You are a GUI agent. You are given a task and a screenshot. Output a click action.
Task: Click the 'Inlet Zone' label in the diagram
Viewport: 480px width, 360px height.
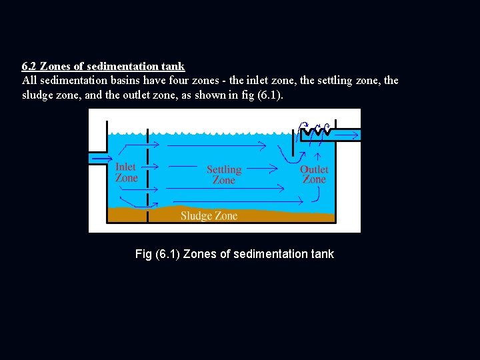tap(126, 173)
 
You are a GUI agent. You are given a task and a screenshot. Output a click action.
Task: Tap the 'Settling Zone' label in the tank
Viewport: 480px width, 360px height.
tap(223, 175)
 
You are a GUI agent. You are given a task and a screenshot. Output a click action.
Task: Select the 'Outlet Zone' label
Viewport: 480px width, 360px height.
tap(314, 174)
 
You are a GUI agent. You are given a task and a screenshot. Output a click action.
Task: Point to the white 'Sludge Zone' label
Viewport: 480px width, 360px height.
tap(209, 215)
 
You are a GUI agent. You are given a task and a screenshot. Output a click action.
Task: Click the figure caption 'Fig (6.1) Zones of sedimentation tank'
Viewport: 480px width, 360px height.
tap(234, 254)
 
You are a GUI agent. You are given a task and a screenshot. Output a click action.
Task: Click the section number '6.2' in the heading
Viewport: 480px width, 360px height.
tap(29, 67)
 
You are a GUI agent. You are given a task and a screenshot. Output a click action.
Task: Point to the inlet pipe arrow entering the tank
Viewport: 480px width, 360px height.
tap(101, 158)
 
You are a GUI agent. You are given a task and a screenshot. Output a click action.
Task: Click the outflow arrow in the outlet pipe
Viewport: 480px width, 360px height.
tap(347, 135)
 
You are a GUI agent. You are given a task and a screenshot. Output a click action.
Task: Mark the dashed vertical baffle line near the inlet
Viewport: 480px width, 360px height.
tap(147, 167)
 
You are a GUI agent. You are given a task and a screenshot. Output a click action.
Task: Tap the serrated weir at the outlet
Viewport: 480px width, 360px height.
tap(315, 136)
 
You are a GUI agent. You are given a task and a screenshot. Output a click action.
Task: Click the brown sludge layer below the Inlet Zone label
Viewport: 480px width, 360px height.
tap(127, 215)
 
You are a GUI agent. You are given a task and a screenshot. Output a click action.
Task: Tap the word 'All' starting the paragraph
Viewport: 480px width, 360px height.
tap(29, 81)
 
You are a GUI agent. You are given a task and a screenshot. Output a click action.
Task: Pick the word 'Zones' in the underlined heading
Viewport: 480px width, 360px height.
tap(55, 67)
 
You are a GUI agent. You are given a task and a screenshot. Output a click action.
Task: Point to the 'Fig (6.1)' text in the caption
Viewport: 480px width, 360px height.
tap(157, 254)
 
